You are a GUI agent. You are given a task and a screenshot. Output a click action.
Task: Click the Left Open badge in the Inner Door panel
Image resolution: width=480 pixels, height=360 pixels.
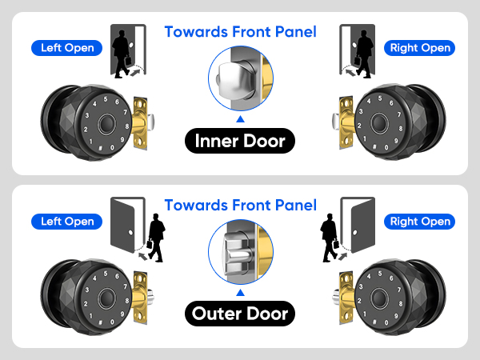click(68, 47)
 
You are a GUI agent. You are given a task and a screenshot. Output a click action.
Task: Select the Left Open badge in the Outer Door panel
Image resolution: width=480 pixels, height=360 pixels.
click(68, 221)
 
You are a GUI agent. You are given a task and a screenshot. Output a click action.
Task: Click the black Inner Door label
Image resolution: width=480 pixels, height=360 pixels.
click(240, 142)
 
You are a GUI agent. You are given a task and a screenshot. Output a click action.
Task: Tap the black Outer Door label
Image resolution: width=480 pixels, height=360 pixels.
click(240, 314)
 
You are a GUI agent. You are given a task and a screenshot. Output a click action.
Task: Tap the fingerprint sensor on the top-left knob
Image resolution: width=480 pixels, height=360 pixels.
click(106, 125)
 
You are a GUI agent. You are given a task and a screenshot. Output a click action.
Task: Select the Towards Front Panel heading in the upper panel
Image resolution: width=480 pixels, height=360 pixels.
click(240, 32)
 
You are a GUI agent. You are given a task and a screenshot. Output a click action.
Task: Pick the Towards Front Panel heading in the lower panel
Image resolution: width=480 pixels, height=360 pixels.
click(240, 206)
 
